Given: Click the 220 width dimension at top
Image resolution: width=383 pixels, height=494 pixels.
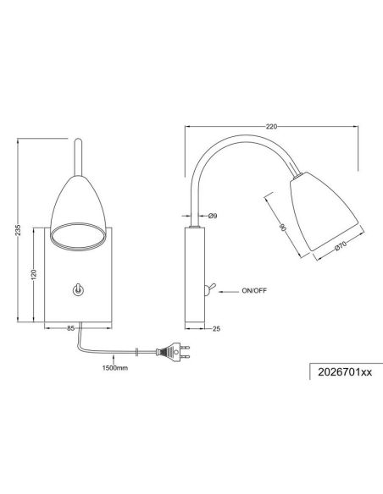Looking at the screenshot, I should (271, 126).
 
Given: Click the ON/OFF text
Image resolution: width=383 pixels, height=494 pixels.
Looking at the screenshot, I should (255, 290).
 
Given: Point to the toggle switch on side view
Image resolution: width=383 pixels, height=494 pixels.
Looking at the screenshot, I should (210, 288).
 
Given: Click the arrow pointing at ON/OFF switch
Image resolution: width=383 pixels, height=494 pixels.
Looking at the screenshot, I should (230, 290).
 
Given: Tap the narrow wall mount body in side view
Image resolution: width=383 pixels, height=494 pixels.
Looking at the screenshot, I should (193, 275).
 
